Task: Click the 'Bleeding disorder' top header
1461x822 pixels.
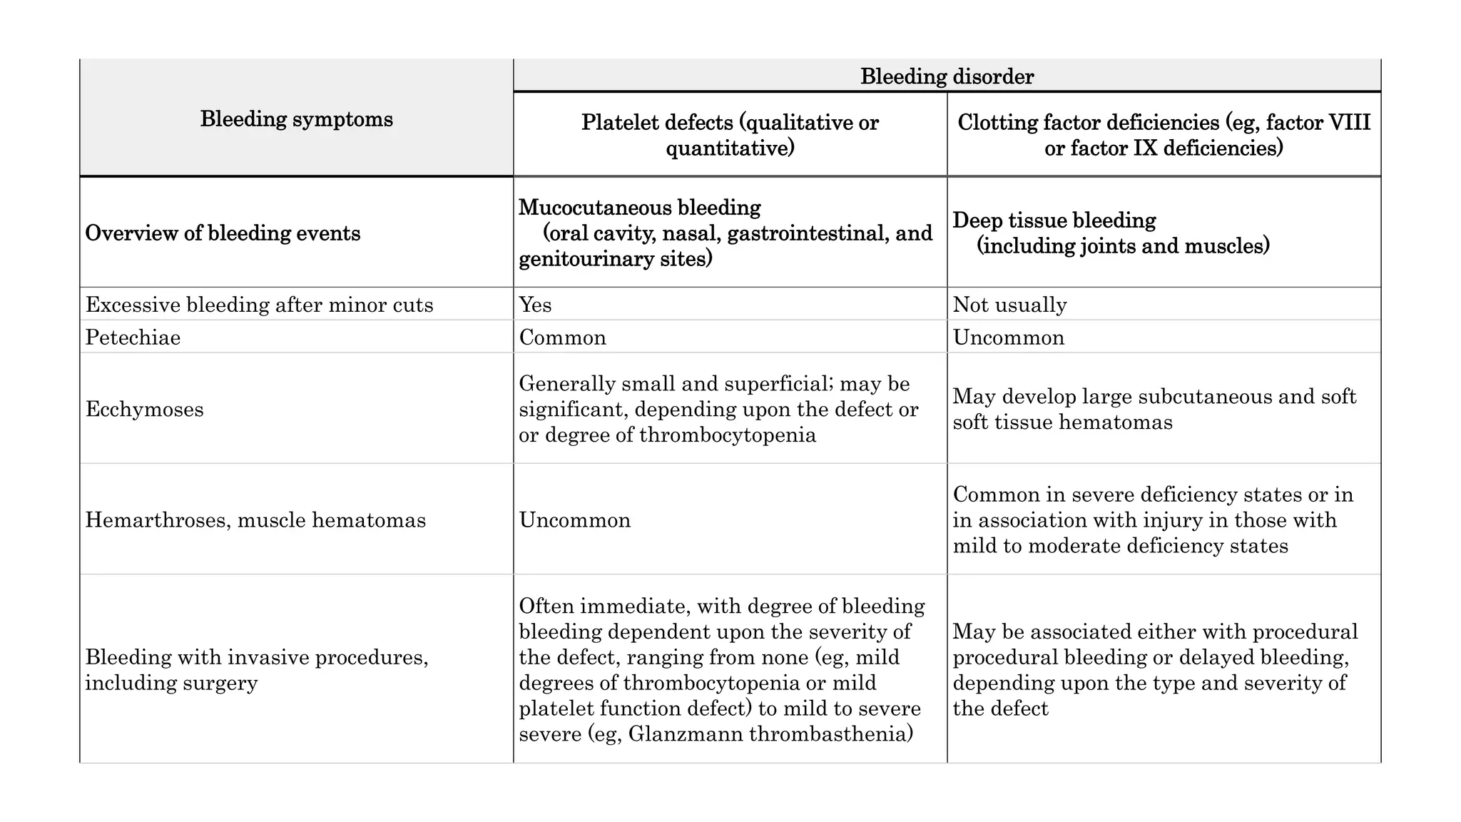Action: [x=947, y=76]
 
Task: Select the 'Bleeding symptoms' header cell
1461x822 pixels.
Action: [x=296, y=118]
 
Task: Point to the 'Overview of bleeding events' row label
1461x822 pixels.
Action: [x=223, y=233]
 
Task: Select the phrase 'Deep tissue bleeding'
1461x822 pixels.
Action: [x=1054, y=220]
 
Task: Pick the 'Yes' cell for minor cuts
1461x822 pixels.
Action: [x=535, y=305]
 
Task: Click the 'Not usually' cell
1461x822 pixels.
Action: [x=1009, y=305]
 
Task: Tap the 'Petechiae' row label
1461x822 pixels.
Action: [x=133, y=338]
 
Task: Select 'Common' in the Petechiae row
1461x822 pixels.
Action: [x=562, y=338]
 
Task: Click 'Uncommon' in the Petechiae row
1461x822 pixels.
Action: [x=1008, y=338]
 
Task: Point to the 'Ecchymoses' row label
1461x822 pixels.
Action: [x=144, y=410]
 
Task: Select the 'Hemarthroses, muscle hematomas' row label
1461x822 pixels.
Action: [x=255, y=520]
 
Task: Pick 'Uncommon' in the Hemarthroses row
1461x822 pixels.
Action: [x=574, y=520]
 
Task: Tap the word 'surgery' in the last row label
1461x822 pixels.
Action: [x=220, y=683]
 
